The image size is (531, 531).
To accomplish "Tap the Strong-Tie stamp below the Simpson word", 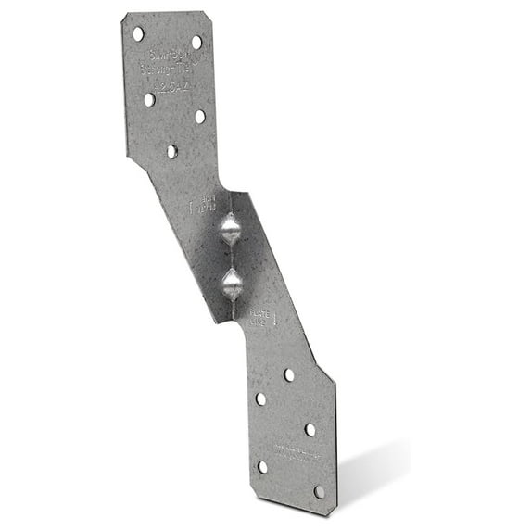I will pyautogui.click(x=164, y=68).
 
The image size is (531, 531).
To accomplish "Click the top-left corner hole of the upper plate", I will pyautogui.click(x=138, y=33).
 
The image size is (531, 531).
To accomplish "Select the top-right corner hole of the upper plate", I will pyautogui.click(x=196, y=42).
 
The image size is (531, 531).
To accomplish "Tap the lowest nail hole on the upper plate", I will pyautogui.click(x=171, y=150).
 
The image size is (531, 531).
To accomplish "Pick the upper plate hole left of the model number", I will pyautogui.click(x=148, y=98).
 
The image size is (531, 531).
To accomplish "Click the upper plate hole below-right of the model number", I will pyautogui.click(x=199, y=117).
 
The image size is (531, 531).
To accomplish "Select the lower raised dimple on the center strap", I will pyautogui.click(x=231, y=282).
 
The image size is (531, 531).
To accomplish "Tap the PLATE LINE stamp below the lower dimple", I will pyautogui.click(x=264, y=320).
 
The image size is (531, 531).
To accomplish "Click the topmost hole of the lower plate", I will pyautogui.click(x=288, y=374).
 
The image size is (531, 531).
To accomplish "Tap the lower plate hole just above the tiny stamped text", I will pyautogui.click(x=310, y=429).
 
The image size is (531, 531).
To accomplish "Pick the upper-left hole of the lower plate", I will pyautogui.click(x=260, y=398).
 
